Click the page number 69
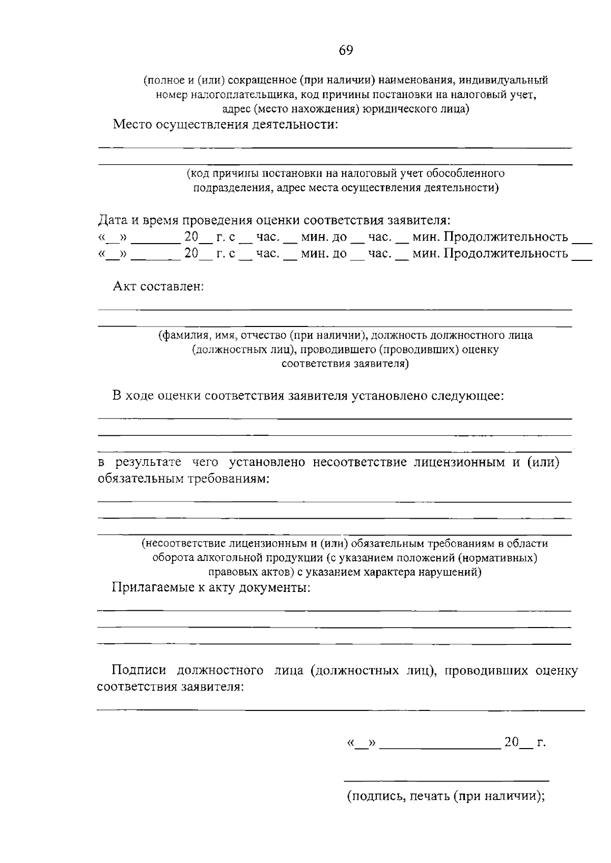[x=345, y=50]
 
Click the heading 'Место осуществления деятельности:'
[x=225, y=125]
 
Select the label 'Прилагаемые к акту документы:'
[x=211, y=588]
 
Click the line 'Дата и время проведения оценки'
[x=274, y=221]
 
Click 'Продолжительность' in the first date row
[x=506, y=237]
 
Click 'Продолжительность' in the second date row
[x=506, y=253]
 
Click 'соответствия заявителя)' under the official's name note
[x=345, y=364]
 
